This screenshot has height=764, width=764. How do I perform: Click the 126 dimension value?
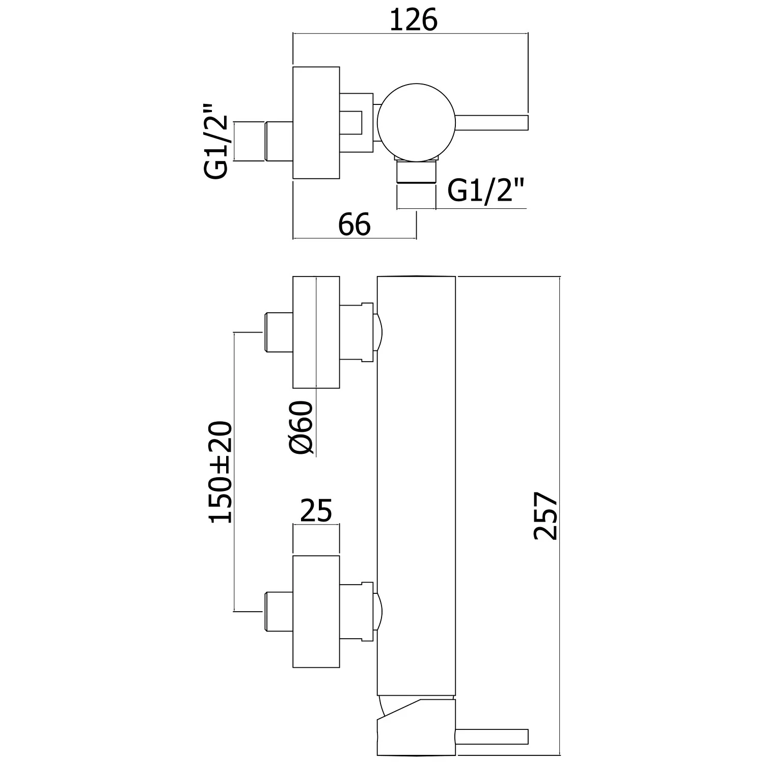pyautogui.click(x=414, y=20)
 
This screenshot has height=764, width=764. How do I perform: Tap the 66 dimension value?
pyautogui.click(x=354, y=224)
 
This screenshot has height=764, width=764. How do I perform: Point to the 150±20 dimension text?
pyautogui.click(x=221, y=472)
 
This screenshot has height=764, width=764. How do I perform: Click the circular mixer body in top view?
pyautogui.click(x=417, y=122)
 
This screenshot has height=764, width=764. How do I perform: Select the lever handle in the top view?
pyautogui.click(x=492, y=122)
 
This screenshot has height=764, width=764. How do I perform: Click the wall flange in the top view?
pyautogui.click(x=316, y=123)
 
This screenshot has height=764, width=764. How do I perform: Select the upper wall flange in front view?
pyautogui.click(x=316, y=332)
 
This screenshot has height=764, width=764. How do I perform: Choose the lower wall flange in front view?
pyautogui.click(x=316, y=611)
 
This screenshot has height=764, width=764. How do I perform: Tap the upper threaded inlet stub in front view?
pyautogui.click(x=278, y=333)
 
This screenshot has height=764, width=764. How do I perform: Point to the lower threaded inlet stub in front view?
pyautogui.click(x=278, y=611)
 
